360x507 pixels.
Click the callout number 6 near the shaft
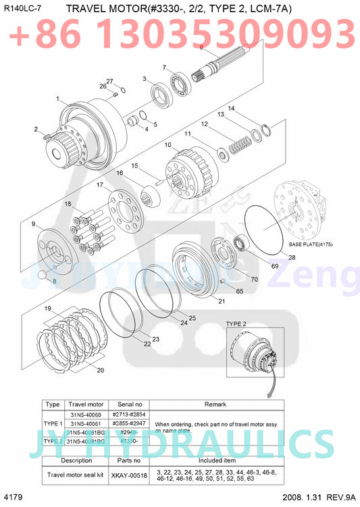click(201, 47)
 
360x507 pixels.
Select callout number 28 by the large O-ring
click(292, 257)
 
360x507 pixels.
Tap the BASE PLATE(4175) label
click(311, 244)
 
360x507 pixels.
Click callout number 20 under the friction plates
click(100, 370)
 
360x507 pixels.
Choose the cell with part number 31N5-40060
click(85, 414)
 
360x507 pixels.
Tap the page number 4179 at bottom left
click(14, 498)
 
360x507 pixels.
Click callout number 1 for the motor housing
click(57, 99)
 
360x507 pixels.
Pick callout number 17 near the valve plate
click(99, 184)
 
